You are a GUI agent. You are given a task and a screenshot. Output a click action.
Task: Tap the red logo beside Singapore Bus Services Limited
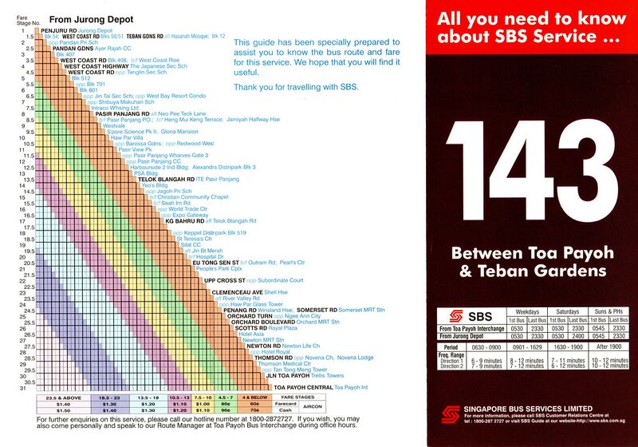(451, 414)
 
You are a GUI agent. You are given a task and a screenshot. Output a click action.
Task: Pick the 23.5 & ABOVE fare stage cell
(63, 397)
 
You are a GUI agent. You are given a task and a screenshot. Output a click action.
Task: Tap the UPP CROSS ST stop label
(230, 281)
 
